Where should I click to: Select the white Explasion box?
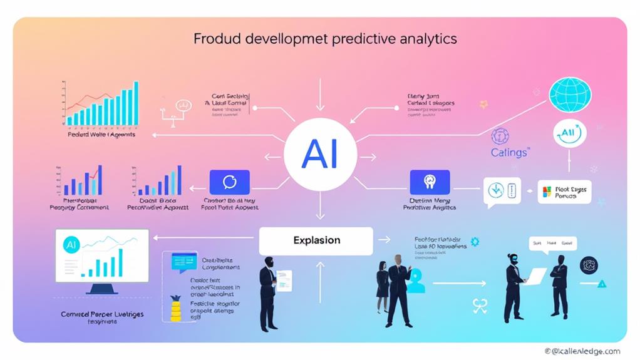pyautogui.click(x=316, y=240)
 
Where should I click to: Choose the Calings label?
pyautogui.click(x=509, y=152)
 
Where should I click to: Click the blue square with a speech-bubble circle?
pyautogui.click(x=230, y=182)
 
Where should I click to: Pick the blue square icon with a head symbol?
pyautogui.click(x=430, y=182)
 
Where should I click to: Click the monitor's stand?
pyautogui.click(x=101, y=289)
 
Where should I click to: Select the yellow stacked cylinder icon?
pyautogui.click(x=175, y=308)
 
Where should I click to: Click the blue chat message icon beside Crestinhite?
pyautogui.click(x=184, y=260)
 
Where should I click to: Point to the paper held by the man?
pyautogui.click(x=284, y=280)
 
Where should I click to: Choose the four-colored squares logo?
pyautogui.click(x=547, y=192)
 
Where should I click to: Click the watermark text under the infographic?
pyautogui.click(x=582, y=352)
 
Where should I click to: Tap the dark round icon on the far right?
pyautogui.click(x=589, y=265)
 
